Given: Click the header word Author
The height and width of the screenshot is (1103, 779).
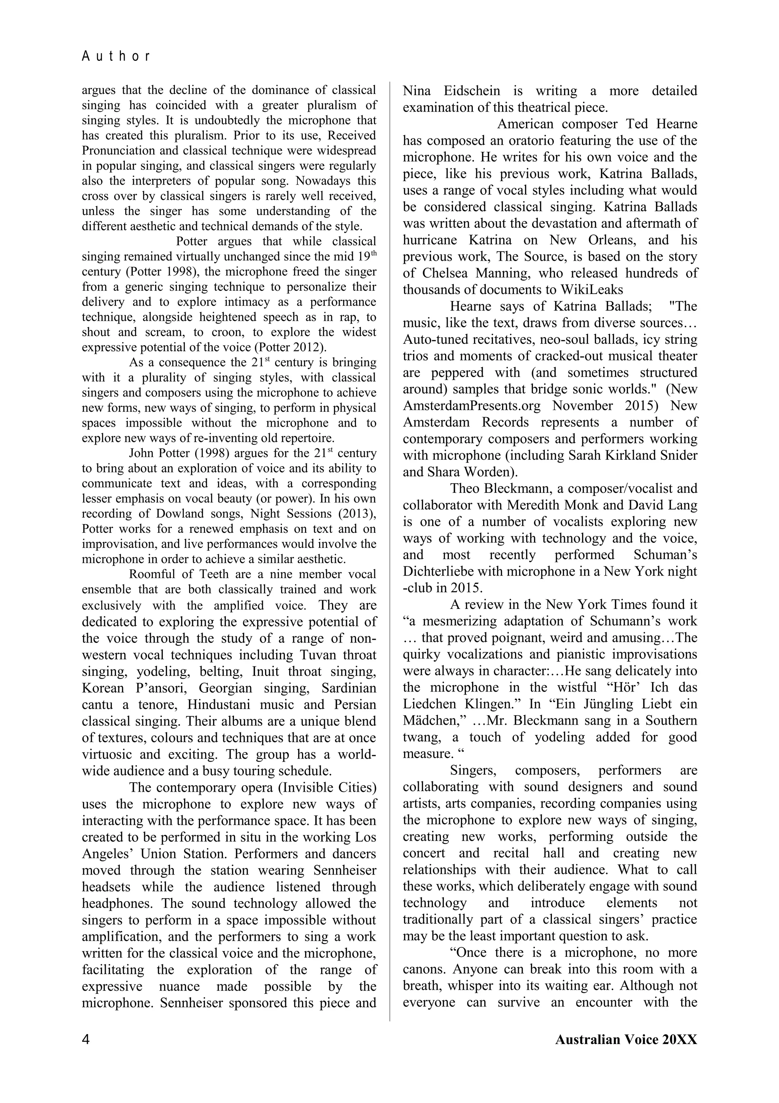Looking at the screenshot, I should coord(116,57).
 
